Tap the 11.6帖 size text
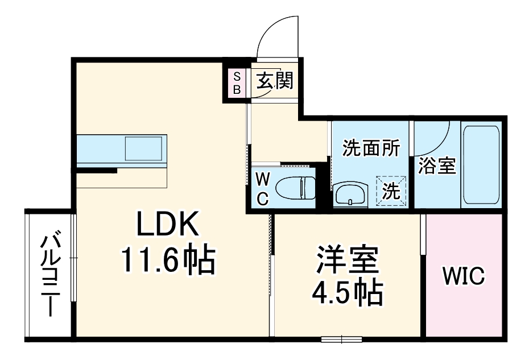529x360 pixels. click(x=167, y=260)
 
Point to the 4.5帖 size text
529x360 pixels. click(x=346, y=292)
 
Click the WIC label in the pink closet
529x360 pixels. click(x=464, y=277)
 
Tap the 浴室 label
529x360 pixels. click(x=437, y=166)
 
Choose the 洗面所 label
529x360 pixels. click(x=370, y=148)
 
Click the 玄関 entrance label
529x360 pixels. click(x=274, y=81)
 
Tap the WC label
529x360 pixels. click(x=262, y=188)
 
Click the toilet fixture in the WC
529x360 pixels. click(x=295, y=188)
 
